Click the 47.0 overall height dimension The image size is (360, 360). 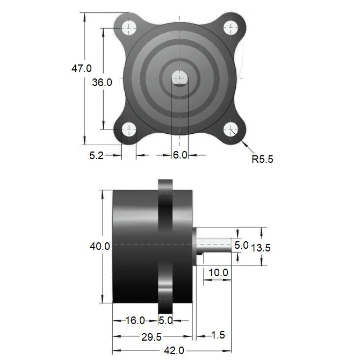(x=82, y=68)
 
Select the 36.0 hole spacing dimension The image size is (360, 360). (x=102, y=82)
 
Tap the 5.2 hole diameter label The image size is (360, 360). (x=97, y=155)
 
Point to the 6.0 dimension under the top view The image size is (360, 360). (x=180, y=155)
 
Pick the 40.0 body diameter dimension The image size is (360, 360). (x=100, y=246)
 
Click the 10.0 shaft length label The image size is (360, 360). (x=218, y=272)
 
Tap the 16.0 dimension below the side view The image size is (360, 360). (x=135, y=321)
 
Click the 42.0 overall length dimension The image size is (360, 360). (x=174, y=350)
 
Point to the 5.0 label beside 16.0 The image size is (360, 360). (x=165, y=321)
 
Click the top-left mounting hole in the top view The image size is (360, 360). (x=129, y=27)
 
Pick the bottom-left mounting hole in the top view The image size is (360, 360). (x=129, y=129)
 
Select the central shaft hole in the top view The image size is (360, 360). (x=180, y=78)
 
